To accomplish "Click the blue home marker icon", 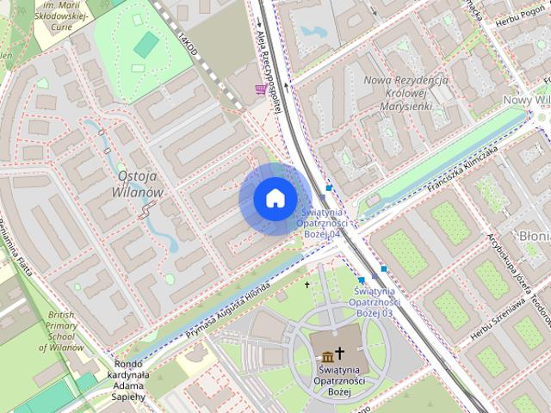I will (274, 199).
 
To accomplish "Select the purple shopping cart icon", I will (260, 89).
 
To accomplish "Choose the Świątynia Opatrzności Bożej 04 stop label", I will (319, 222).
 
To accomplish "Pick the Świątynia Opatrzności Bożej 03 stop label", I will (377, 303).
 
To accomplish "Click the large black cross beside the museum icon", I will (341, 354).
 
